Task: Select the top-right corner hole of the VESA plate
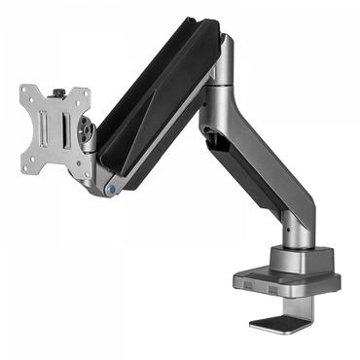86,94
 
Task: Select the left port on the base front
249,286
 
